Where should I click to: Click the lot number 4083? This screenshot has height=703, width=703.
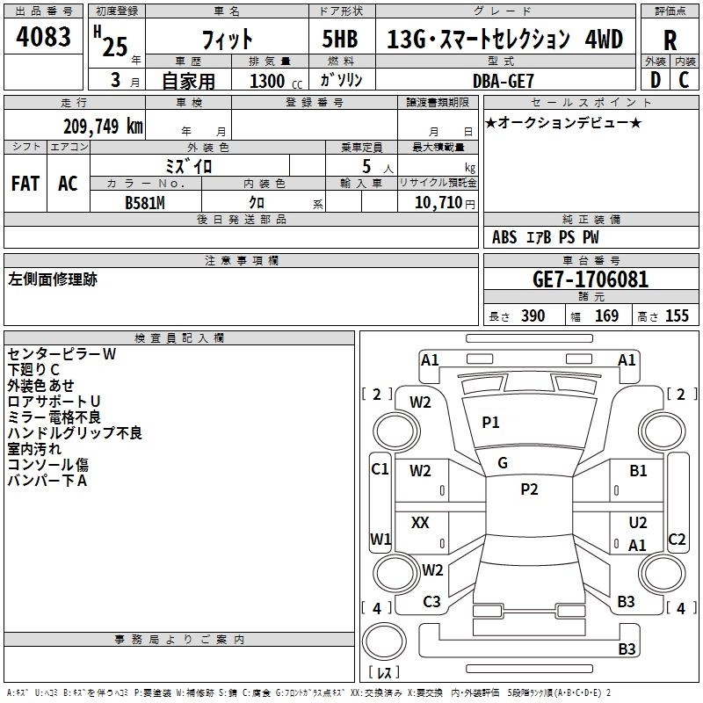43,37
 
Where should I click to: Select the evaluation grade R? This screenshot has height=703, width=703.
670,40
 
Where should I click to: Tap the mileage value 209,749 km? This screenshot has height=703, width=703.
103,127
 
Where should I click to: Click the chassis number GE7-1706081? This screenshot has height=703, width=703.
591,279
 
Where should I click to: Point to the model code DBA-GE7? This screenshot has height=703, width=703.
504,81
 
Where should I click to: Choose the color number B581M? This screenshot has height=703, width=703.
145,203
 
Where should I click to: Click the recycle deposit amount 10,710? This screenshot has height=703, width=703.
438,203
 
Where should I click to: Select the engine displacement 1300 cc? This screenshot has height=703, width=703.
276,82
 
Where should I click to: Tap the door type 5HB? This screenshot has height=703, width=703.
340,39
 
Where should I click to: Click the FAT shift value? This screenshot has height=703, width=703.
25,184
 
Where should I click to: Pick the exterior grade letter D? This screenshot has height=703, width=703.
656,80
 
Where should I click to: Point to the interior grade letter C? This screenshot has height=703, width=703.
684,80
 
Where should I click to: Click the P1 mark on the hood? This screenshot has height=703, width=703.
490,423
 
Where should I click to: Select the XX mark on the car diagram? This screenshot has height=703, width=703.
420,523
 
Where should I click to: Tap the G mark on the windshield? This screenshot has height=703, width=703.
503,463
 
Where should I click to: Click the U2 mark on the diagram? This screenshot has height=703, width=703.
638,523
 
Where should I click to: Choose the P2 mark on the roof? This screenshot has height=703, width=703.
530,489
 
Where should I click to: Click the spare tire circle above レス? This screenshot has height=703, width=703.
384,641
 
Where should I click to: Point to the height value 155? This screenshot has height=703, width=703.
677,315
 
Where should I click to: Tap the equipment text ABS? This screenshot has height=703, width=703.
504,237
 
